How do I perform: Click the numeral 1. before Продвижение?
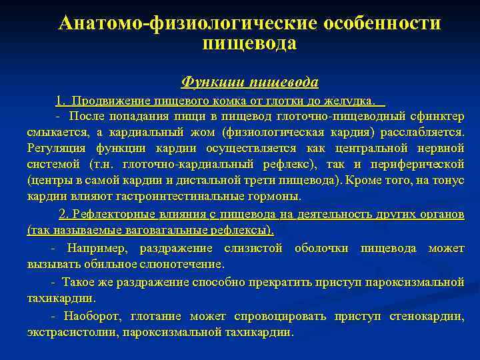click(x=61, y=101)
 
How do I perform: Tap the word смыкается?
click(x=55, y=133)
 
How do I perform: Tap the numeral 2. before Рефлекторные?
click(x=64, y=213)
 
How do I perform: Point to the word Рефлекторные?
click(x=109, y=213)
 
